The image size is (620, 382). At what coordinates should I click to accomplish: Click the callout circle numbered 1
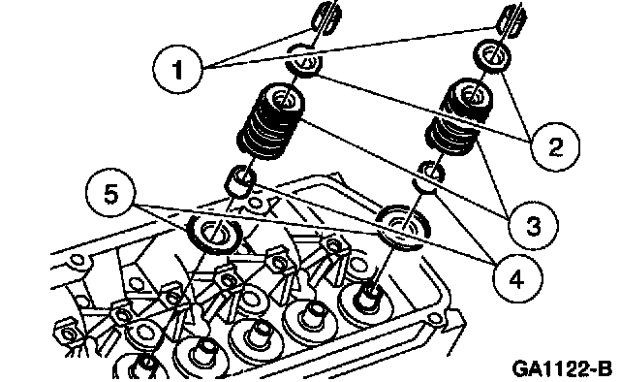(178, 69)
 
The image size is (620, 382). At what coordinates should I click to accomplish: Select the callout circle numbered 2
(555, 146)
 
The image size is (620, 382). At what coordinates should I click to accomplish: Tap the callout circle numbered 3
(534, 226)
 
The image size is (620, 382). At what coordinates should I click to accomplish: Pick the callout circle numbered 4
(516, 279)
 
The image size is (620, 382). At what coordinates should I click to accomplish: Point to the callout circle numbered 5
(111, 194)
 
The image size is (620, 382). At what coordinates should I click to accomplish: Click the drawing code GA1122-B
(562, 369)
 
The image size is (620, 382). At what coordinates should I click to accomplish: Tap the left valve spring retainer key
(326, 16)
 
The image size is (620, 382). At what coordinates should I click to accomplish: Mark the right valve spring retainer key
(512, 19)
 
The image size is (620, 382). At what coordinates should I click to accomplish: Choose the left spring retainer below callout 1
(303, 60)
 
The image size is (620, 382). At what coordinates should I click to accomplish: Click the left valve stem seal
(239, 181)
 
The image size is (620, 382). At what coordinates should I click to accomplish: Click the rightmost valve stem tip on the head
(368, 298)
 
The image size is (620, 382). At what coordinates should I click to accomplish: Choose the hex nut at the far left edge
(66, 334)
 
